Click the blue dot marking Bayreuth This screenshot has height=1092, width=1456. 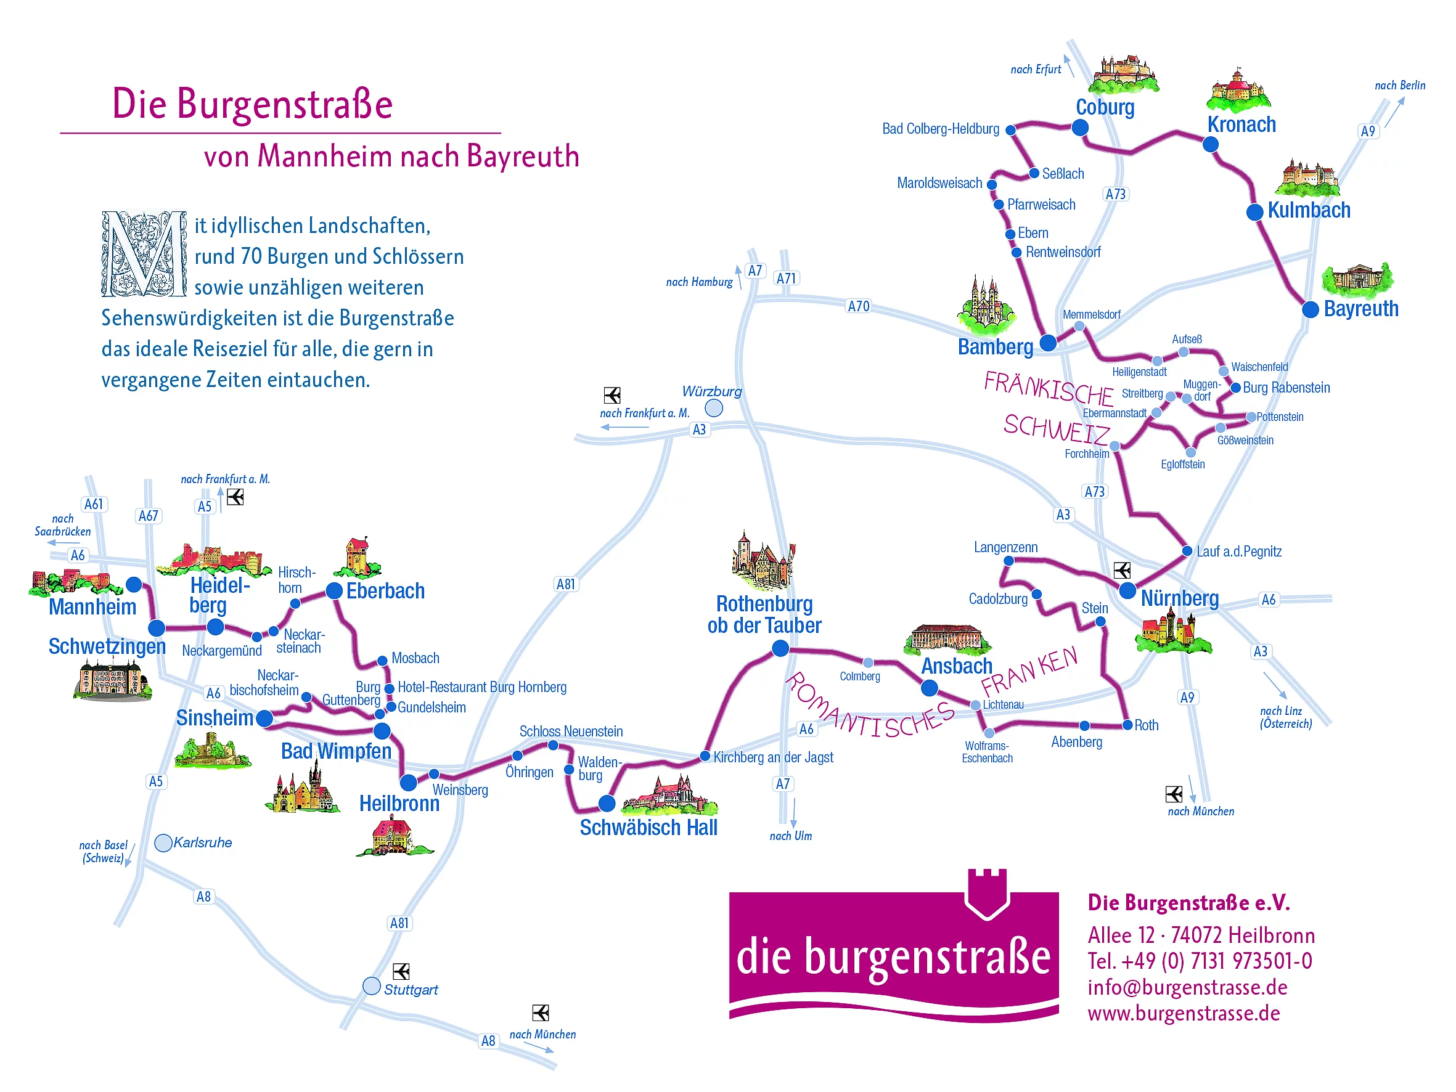click(1311, 309)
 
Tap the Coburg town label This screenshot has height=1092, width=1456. click(1105, 107)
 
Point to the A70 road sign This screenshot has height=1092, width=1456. click(858, 306)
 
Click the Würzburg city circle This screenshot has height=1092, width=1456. click(714, 408)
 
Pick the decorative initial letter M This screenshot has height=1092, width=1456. click(144, 253)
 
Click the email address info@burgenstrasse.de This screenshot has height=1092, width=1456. click(1187, 987)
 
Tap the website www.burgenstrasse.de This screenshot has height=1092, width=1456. click(1184, 1013)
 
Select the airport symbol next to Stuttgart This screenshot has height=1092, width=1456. click(401, 972)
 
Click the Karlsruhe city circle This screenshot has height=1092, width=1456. click(163, 842)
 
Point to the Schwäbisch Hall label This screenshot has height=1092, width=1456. click(648, 828)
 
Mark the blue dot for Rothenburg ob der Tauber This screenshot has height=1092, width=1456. click(780, 648)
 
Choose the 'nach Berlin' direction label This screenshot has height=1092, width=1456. click(1400, 86)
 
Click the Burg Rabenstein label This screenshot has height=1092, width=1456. click(1286, 388)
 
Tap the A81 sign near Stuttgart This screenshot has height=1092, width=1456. click(399, 923)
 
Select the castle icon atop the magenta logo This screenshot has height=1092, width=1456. click(988, 893)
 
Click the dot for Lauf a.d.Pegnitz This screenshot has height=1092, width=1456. click(1187, 551)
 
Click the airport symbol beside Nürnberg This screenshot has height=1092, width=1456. click(1122, 570)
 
